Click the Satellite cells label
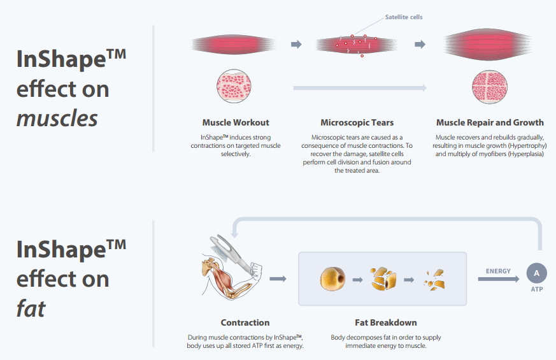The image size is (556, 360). point(404,17)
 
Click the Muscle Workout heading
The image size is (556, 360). point(236,122)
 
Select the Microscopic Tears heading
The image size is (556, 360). point(357,122)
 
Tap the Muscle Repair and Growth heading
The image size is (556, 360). point(490,122)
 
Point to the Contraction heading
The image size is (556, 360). point(245,322)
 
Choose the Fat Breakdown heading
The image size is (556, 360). point(385,322)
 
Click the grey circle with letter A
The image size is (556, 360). point(536,273)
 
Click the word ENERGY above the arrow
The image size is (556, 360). point(498,271)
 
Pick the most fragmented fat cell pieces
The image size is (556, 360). point(434,279)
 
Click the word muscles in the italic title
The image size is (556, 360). point(57,118)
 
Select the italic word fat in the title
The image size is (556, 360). point(31,309)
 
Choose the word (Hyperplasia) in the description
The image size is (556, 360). point(524,154)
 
